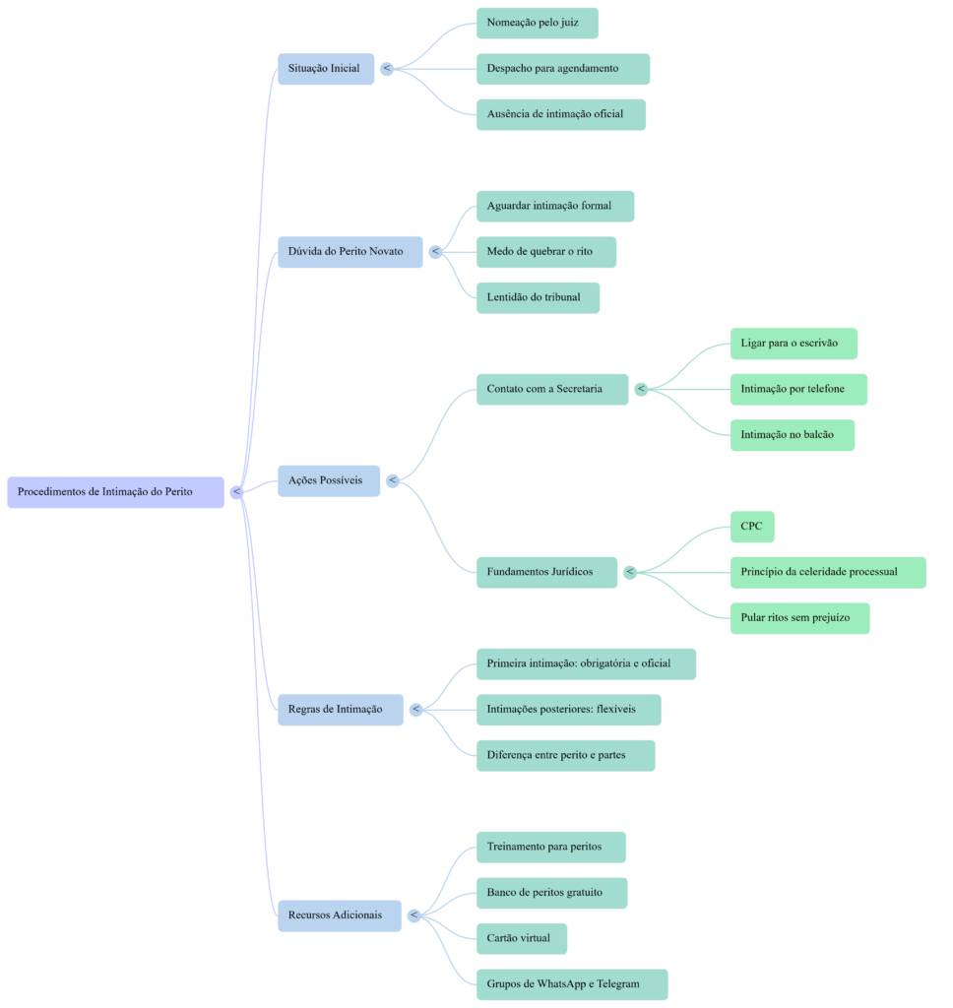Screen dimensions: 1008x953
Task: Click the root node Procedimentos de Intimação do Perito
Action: pos(116,492)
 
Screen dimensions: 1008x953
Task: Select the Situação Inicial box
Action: pos(325,69)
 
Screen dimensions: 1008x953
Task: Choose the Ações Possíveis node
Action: pos(328,480)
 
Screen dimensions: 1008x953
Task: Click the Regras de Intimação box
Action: pos(340,710)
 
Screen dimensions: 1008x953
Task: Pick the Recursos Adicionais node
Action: pos(339,915)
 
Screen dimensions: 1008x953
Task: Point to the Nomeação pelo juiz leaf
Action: pos(537,23)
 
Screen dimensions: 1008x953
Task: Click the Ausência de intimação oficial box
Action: pos(560,114)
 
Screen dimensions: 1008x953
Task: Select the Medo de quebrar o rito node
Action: pos(545,252)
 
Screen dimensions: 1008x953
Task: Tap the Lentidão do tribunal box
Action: pos(537,297)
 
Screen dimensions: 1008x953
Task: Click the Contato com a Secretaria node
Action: pos(551,389)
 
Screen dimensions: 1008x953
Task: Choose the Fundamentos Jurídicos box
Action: pos(546,572)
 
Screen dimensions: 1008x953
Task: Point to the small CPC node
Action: pos(751,527)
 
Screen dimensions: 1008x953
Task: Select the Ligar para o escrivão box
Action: pos(793,344)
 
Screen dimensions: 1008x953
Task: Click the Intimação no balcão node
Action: pos(792,435)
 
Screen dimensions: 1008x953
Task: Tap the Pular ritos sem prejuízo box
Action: pos(799,618)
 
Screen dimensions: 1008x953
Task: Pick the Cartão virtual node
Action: pos(521,938)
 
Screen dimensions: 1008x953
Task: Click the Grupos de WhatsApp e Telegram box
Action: pos(571,984)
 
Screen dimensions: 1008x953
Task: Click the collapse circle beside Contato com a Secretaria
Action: pos(641,390)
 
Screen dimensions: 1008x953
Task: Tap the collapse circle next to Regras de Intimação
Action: pos(415,710)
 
